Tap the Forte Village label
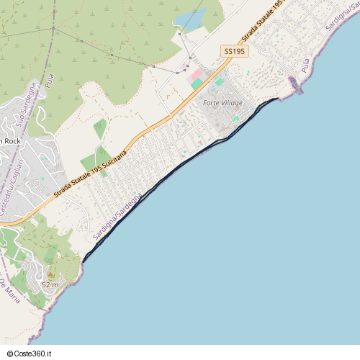pyautogui.click(x=222, y=104)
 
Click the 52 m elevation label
pyautogui.click(x=50, y=285)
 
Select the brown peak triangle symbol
pyautogui.click(x=50, y=274)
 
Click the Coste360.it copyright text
pyautogui.click(x=30, y=354)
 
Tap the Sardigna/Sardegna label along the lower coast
pyautogui.click(x=117, y=215)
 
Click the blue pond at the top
pyautogui.click(x=191, y=18)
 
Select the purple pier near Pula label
pyautogui.click(x=294, y=84)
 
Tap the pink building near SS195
pyautogui.click(x=197, y=75)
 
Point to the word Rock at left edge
pyautogui.click(x=12, y=141)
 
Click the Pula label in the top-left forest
pyautogui.click(x=49, y=80)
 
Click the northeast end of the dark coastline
pyautogui.click(x=277, y=99)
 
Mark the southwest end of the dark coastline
pyautogui.click(x=84, y=261)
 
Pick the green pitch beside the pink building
pyautogui.click(x=197, y=84)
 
